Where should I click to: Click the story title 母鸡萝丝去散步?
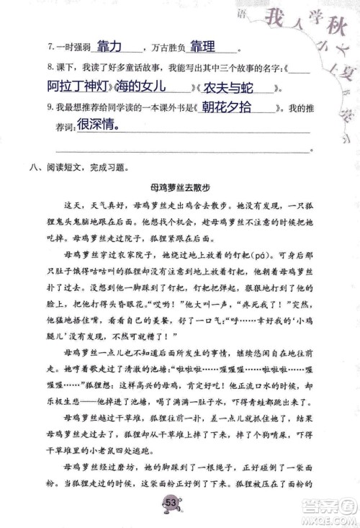point(180,187)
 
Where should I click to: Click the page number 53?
point(172,501)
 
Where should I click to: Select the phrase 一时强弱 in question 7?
point(74,48)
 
